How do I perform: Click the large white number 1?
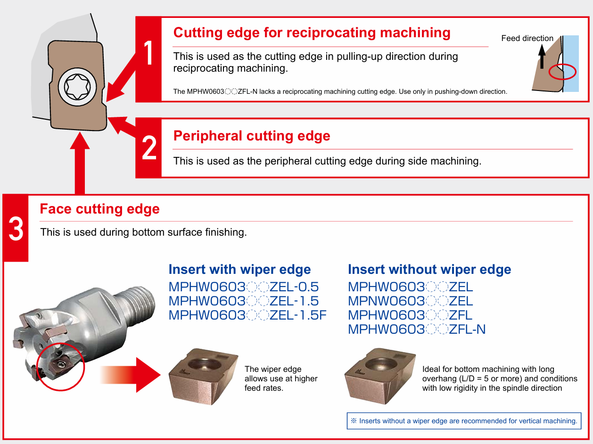pyautogui.click(x=149, y=53)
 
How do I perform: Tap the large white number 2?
pyautogui.click(x=149, y=148)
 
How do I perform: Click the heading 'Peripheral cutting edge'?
pyautogui.click(x=252, y=136)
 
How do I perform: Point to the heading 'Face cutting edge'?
pyautogui.click(x=99, y=209)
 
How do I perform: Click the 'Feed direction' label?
pyautogui.click(x=527, y=39)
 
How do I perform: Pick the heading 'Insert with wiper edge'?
pyautogui.click(x=239, y=270)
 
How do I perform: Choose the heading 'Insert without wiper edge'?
pyautogui.click(x=429, y=270)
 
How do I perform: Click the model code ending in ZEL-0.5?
pyautogui.click(x=243, y=287)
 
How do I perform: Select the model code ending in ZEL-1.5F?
pyautogui.click(x=247, y=315)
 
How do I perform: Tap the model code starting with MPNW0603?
pyautogui.click(x=410, y=301)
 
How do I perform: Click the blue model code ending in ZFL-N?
pyautogui.click(x=417, y=329)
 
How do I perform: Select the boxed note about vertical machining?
pyautogui.click(x=464, y=421)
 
